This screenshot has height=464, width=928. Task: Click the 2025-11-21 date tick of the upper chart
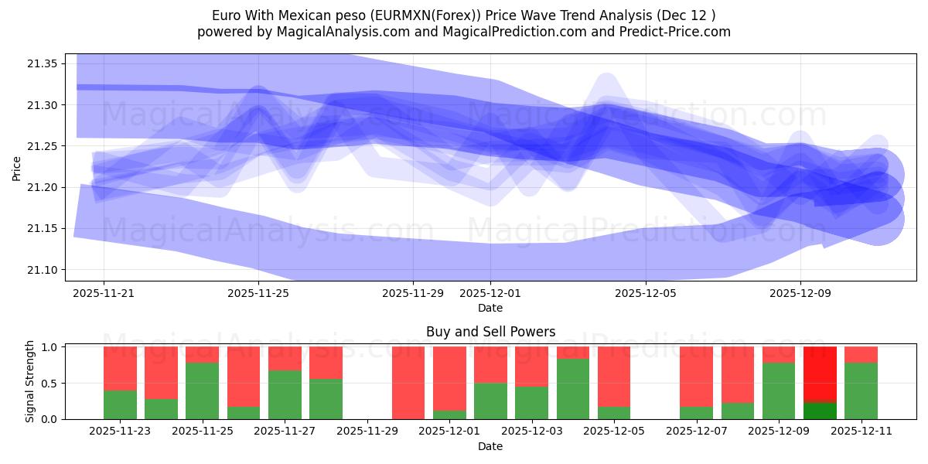coord(104,293)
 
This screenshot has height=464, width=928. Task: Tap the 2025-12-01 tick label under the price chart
coord(490,293)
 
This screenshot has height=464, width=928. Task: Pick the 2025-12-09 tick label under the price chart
coord(800,293)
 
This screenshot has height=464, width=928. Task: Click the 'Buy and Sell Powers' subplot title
coord(490,332)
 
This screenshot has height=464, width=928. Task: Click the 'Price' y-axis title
coord(17,168)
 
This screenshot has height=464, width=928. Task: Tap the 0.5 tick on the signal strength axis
coord(49,384)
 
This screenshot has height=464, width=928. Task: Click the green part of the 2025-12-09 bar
coord(779,391)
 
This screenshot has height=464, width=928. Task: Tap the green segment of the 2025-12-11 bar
coord(861,391)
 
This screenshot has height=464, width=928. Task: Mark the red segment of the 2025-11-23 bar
coord(120,368)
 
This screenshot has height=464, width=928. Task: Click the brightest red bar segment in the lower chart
coord(820,374)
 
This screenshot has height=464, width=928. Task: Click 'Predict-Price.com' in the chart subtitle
coord(674,32)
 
